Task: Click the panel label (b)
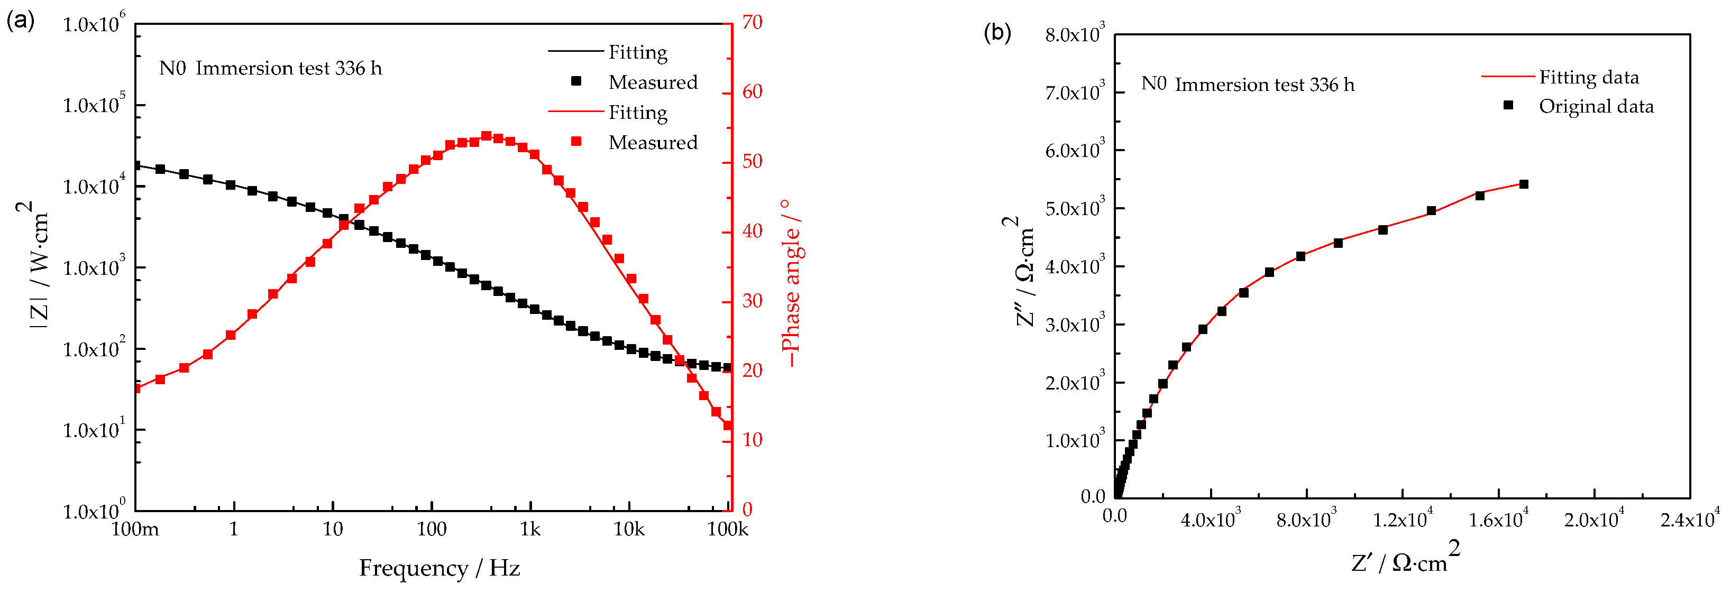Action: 997,32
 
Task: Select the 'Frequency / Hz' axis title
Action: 439,568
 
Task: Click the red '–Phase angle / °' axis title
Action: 792,282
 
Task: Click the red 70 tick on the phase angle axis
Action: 753,23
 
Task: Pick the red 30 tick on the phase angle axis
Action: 753,301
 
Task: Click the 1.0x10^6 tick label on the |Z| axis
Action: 94,24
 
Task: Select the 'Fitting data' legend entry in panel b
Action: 1589,77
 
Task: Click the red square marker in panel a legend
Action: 576,142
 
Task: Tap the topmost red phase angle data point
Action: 487,136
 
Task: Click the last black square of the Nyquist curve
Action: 1523,184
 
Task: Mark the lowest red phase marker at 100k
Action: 728,425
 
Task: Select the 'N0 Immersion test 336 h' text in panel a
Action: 270,69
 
